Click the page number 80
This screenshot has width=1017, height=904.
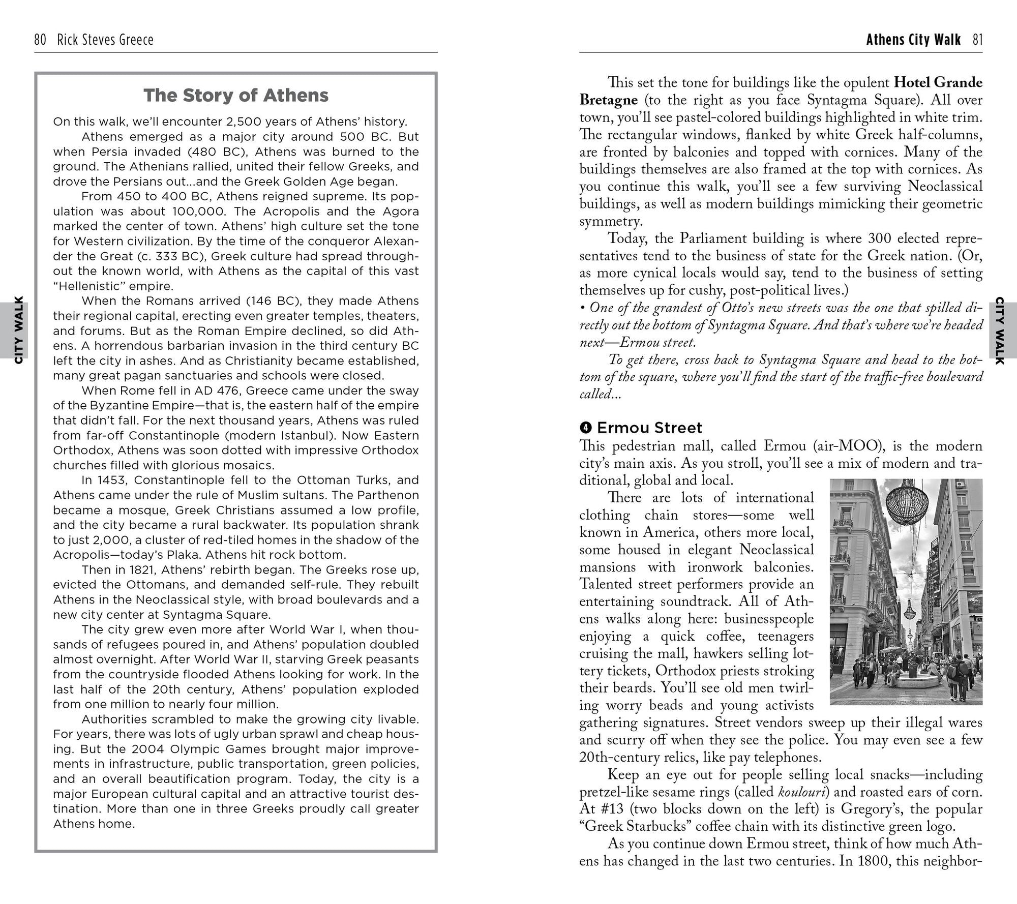click(x=40, y=40)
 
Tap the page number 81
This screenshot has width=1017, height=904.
click(x=977, y=40)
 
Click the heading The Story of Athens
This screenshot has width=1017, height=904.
click(x=236, y=96)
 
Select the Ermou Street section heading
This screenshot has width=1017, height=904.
click(x=649, y=428)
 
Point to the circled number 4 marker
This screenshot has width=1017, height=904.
click(x=586, y=428)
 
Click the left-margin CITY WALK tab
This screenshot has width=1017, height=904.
click(x=19, y=330)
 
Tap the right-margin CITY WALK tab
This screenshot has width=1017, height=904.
click(x=999, y=330)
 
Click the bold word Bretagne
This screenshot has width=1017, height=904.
click(x=608, y=100)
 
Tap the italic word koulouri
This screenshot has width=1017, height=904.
click(x=801, y=792)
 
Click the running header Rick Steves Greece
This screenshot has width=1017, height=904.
click(x=105, y=40)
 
